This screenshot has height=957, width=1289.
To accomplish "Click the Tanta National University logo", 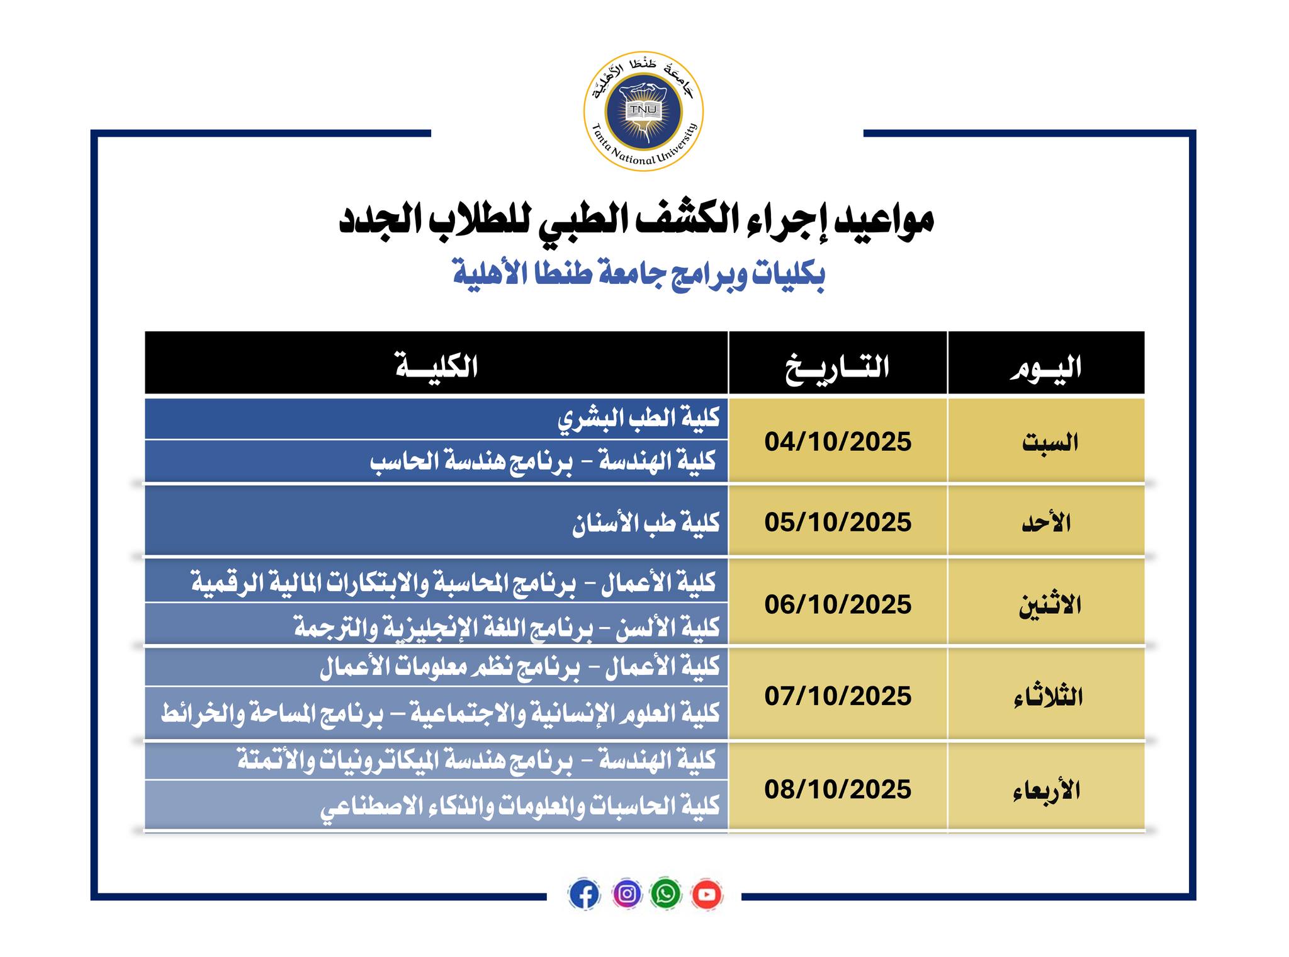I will (x=643, y=111).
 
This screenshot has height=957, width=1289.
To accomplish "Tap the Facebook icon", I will (x=584, y=893).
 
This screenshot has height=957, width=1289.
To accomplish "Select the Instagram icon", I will (x=626, y=893).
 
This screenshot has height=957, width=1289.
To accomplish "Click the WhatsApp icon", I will (x=666, y=893).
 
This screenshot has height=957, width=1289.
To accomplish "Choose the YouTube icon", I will (x=707, y=893).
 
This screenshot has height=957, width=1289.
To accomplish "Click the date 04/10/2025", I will (x=838, y=441).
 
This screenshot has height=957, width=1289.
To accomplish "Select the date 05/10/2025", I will (x=838, y=522).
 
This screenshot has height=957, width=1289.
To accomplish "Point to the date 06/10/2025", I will (x=838, y=604).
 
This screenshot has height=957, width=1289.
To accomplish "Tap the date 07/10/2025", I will (x=838, y=696).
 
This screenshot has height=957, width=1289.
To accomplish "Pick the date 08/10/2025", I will (x=838, y=789).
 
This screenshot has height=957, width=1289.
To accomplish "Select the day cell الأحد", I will (x=1046, y=523).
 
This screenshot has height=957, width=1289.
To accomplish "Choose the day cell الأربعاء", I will (x=1047, y=790).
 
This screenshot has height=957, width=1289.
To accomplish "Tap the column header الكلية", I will (x=436, y=366).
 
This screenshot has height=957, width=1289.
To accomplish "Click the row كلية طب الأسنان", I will (x=645, y=523).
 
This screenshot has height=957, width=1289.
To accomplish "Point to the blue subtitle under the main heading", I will (x=639, y=275).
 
